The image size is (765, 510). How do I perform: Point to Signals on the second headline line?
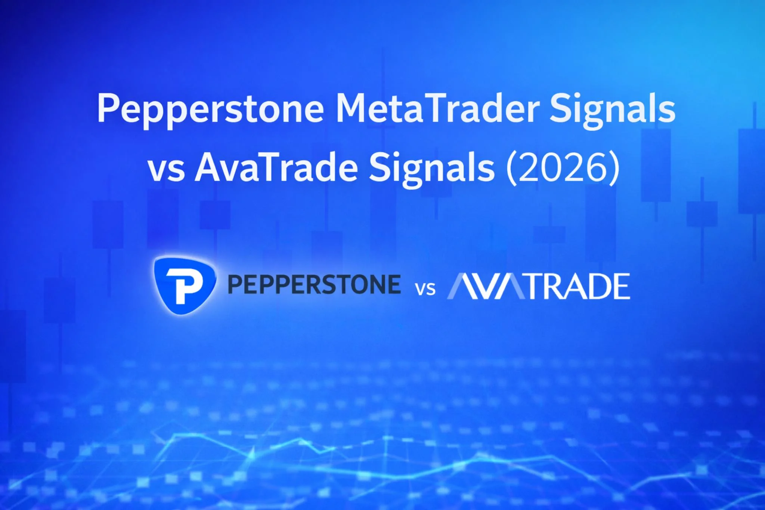click(x=432, y=169)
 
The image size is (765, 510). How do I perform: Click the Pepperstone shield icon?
click(x=185, y=285)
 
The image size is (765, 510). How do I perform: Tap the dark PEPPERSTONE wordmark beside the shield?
click(x=314, y=284)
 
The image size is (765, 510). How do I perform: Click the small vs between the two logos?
click(x=425, y=289)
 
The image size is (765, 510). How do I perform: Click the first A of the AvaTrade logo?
click(x=463, y=286)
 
